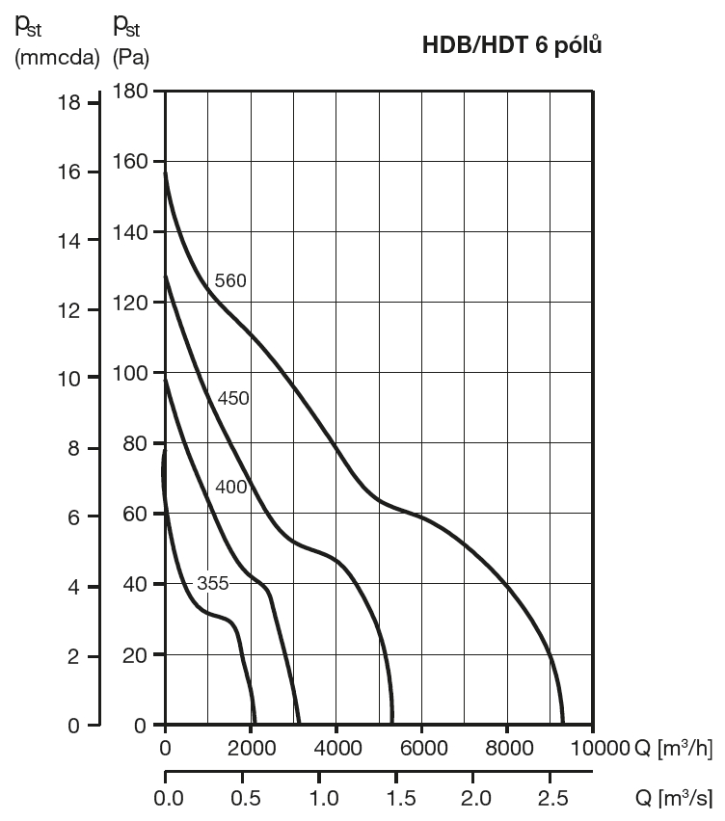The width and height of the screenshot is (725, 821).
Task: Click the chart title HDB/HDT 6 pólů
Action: tap(512, 45)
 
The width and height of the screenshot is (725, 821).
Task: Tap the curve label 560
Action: tap(231, 281)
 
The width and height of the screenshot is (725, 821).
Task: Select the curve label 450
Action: tap(233, 398)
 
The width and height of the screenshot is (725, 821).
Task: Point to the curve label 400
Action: tap(230, 487)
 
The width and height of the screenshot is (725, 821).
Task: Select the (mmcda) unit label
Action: tap(57, 58)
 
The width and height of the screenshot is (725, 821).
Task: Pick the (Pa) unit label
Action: tap(131, 58)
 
